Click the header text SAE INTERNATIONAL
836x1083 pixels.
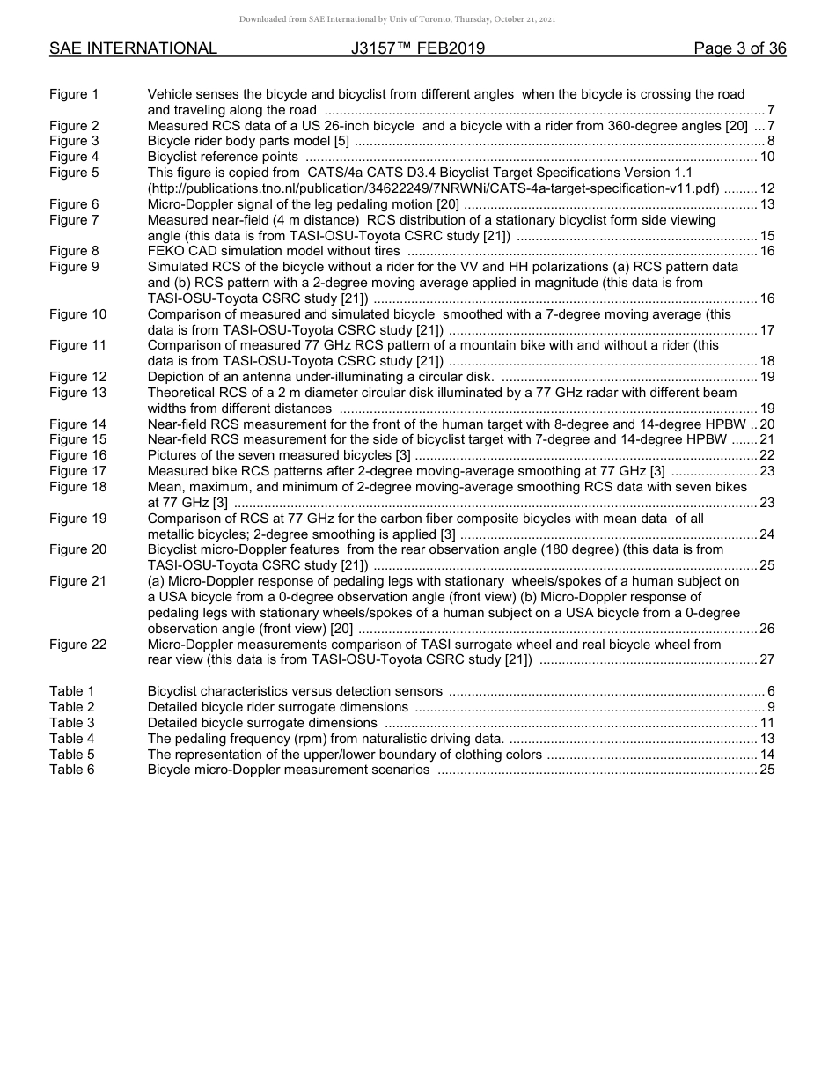pos(133,48)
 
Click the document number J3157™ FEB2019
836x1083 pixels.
pos(418,48)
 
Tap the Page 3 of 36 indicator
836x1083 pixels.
pos(739,48)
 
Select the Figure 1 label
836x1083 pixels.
pos(74,94)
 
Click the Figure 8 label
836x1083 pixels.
pos(74,251)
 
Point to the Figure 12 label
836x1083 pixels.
pos(77,377)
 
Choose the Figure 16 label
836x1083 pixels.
pos(77,455)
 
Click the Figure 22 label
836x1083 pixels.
pos(77,644)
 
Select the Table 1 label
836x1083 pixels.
pos(71,691)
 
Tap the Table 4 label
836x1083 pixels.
pos(71,739)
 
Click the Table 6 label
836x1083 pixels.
pos(71,770)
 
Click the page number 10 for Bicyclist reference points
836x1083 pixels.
pos(766,157)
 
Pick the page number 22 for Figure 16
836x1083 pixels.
pos(766,455)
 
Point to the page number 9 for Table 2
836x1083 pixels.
pos(770,707)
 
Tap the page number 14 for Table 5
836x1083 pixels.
pos(766,755)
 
